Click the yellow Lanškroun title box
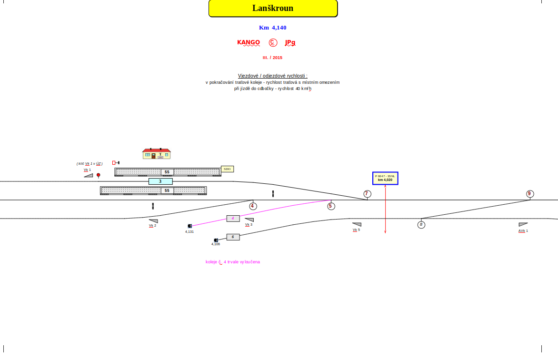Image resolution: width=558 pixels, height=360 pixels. [273, 9]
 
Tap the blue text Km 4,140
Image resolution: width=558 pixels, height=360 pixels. [273, 28]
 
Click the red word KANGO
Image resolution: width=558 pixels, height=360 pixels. [249, 42]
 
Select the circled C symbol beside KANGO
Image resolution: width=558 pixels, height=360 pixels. [273, 42]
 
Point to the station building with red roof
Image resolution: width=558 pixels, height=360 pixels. [157, 154]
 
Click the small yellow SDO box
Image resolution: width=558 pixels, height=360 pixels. [227, 169]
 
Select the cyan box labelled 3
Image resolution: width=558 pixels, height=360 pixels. [160, 181]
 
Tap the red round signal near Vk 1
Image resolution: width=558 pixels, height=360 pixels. [99, 175]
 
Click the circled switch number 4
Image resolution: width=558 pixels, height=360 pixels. [253, 206]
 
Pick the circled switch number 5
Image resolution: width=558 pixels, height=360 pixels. [331, 206]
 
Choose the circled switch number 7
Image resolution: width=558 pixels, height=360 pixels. [367, 194]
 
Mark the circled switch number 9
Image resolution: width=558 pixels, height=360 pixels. [530, 194]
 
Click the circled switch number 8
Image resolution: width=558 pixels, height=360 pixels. [421, 225]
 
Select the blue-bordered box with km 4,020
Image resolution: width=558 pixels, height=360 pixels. [385, 178]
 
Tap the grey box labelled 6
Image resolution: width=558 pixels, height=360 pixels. [233, 237]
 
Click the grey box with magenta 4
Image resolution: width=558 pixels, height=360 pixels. [233, 219]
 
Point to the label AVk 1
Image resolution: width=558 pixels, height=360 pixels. [523, 231]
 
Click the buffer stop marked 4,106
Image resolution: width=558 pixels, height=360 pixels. [216, 240]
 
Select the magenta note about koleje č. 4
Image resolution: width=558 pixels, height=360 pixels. [233, 262]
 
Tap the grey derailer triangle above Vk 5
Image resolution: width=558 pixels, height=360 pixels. [357, 224]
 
